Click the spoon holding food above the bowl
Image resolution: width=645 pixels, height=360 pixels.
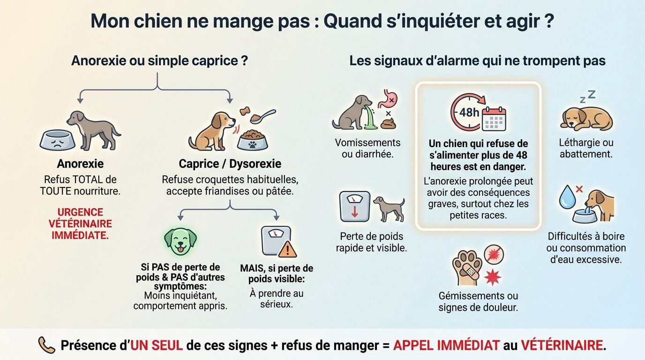click(x=262, y=115)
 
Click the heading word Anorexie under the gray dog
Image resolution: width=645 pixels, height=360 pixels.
click(x=80, y=164)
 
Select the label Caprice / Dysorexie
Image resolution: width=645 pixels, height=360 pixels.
click(x=230, y=164)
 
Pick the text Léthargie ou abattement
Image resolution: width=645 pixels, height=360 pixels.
click(x=586, y=148)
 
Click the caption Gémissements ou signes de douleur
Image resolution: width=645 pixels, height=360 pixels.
click(x=478, y=301)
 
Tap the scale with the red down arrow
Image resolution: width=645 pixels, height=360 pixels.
click(x=354, y=206)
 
